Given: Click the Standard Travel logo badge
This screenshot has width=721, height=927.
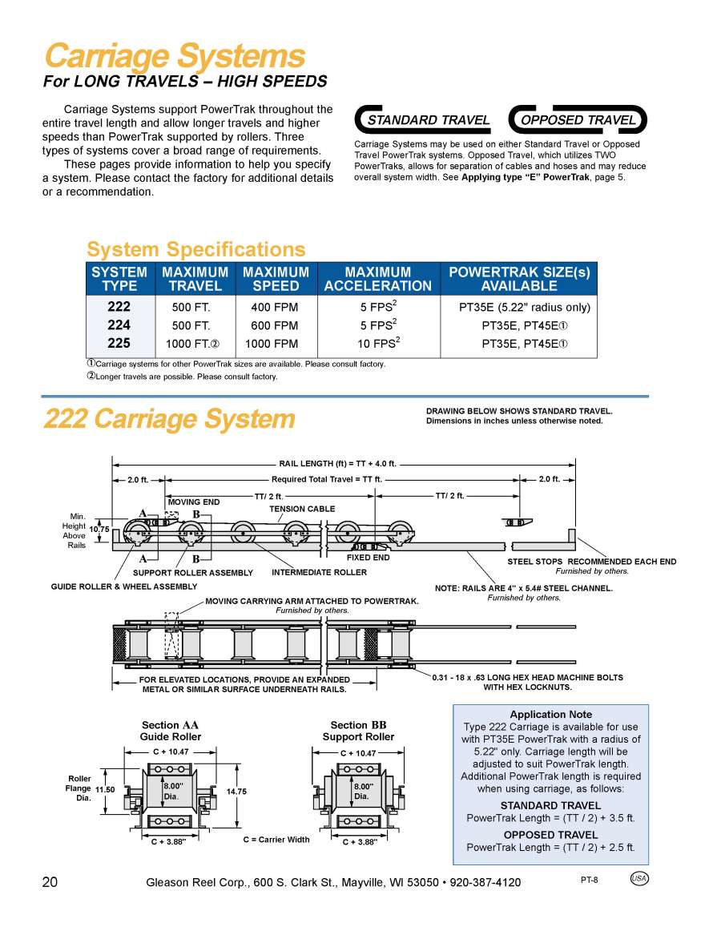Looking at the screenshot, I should click(x=425, y=120).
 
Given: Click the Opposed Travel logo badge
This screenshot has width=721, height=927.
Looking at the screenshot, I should click(x=578, y=120).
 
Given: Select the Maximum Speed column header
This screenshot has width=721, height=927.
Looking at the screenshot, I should click(x=276, y=279).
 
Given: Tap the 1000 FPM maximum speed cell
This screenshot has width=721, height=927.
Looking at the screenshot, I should click(x=272, y=344).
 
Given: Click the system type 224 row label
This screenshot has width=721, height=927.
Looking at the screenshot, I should click(x=119, y=325).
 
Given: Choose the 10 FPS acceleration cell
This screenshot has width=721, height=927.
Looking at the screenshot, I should click(x=379, y=344).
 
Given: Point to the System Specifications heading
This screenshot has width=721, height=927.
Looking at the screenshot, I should click(x=195, y=249).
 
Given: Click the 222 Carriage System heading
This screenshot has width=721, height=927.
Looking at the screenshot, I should click(x=169, y=418).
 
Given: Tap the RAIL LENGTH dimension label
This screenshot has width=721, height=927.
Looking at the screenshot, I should click(x=337, y=464).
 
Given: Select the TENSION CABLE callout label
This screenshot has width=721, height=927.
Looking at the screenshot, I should click(x=302, y=509).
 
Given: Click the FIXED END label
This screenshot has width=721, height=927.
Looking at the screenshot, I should click(x=368, y=558).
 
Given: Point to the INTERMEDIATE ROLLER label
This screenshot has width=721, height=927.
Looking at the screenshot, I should click(x=319, y=572).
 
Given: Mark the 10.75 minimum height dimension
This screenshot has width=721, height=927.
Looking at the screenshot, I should click(x=99, y=530).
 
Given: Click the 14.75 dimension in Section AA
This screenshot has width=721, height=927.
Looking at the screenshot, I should click(x=236, y=791).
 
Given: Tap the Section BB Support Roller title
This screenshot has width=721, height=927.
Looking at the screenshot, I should click(x=358, y=731).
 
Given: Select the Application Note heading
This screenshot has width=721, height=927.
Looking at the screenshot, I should click(x=550, y=714).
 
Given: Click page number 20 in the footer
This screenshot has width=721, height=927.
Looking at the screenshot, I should click(x=50, y=882).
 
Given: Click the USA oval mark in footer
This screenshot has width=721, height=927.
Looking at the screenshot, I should click(x=639, y=878).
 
